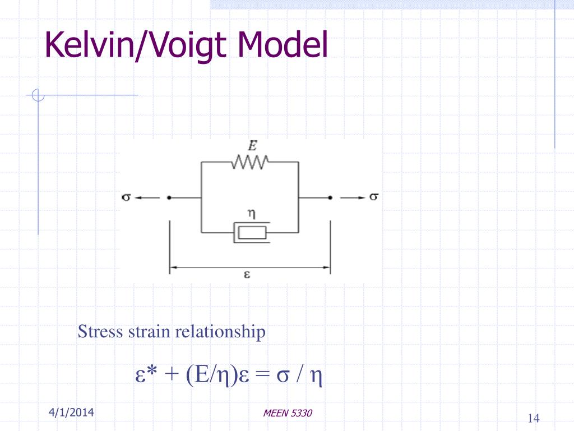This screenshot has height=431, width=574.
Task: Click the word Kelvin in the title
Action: point(90,44)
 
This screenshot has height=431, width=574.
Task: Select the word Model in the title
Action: point(283,44)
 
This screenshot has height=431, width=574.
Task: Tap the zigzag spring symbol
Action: point(250,162)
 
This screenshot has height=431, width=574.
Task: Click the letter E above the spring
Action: point(252,145)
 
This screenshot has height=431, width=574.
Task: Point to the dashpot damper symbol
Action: point(252,232)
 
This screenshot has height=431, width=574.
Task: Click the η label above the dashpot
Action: point(252,213)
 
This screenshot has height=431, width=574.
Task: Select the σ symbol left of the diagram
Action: point(126,197)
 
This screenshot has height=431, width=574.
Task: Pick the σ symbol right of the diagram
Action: point(373,197)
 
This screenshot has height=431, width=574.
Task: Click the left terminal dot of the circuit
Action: point(169,198)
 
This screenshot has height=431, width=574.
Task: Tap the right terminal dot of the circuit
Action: point(330,198)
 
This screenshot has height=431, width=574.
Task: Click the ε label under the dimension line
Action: point(247,274)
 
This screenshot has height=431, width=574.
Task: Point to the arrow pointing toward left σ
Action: point(147,198)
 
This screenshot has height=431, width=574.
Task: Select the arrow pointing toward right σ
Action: point(353,198)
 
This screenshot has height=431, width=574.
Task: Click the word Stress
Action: point(100,331)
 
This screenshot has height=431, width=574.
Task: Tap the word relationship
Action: point(220,332)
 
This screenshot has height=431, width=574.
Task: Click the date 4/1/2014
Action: point(71,412)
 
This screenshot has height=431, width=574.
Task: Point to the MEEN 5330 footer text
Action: point(288,413)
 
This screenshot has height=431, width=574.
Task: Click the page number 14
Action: point(534,418)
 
